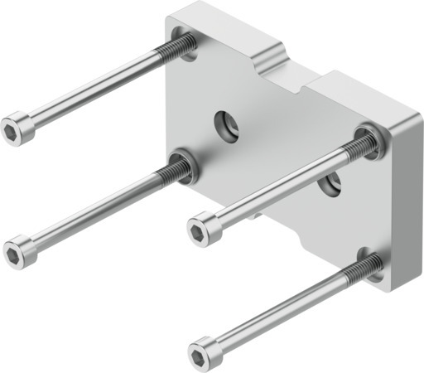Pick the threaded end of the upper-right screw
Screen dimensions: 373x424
(359, 148)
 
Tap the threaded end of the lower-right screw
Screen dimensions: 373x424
(365, 267)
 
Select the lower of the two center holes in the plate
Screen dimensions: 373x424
(331, 184)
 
